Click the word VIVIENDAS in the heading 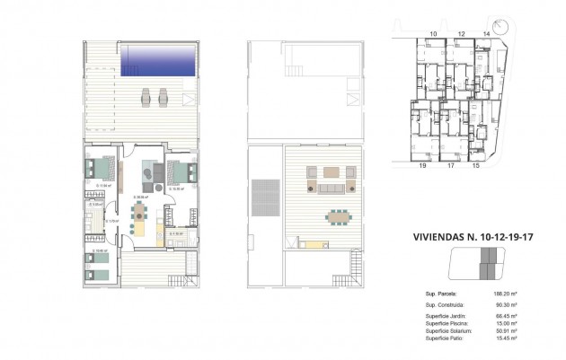pos(443,239)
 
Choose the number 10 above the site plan pos(433,33)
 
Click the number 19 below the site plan pos(421,166)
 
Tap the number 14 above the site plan pos(487,33)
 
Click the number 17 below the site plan pos(450,166)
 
